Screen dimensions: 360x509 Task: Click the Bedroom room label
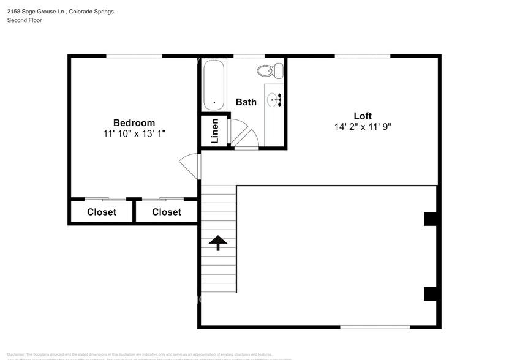tap(134, 122)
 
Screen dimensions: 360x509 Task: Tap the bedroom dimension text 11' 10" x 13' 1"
tap(134, 133)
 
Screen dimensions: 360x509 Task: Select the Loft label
tap(363, 116)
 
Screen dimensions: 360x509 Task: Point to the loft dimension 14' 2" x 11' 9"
tap(363, 127)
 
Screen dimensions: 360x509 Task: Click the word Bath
tap(246, 102)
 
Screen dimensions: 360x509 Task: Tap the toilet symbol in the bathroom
tap(273, 70)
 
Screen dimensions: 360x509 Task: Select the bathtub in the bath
tap(214, 86)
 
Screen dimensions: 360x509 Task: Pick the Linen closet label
tap(214, 131)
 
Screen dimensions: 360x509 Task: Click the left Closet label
tap(102, 212)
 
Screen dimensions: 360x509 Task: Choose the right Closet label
tap(167, 212)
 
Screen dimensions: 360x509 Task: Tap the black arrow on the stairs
tap(217, 243)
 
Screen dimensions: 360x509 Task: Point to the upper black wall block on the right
tap(430, 219)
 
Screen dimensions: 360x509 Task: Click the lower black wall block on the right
tap(430, 293)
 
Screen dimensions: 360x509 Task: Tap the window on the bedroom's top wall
tap(134, 56)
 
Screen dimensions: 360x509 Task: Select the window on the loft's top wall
tap(363, 56)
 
